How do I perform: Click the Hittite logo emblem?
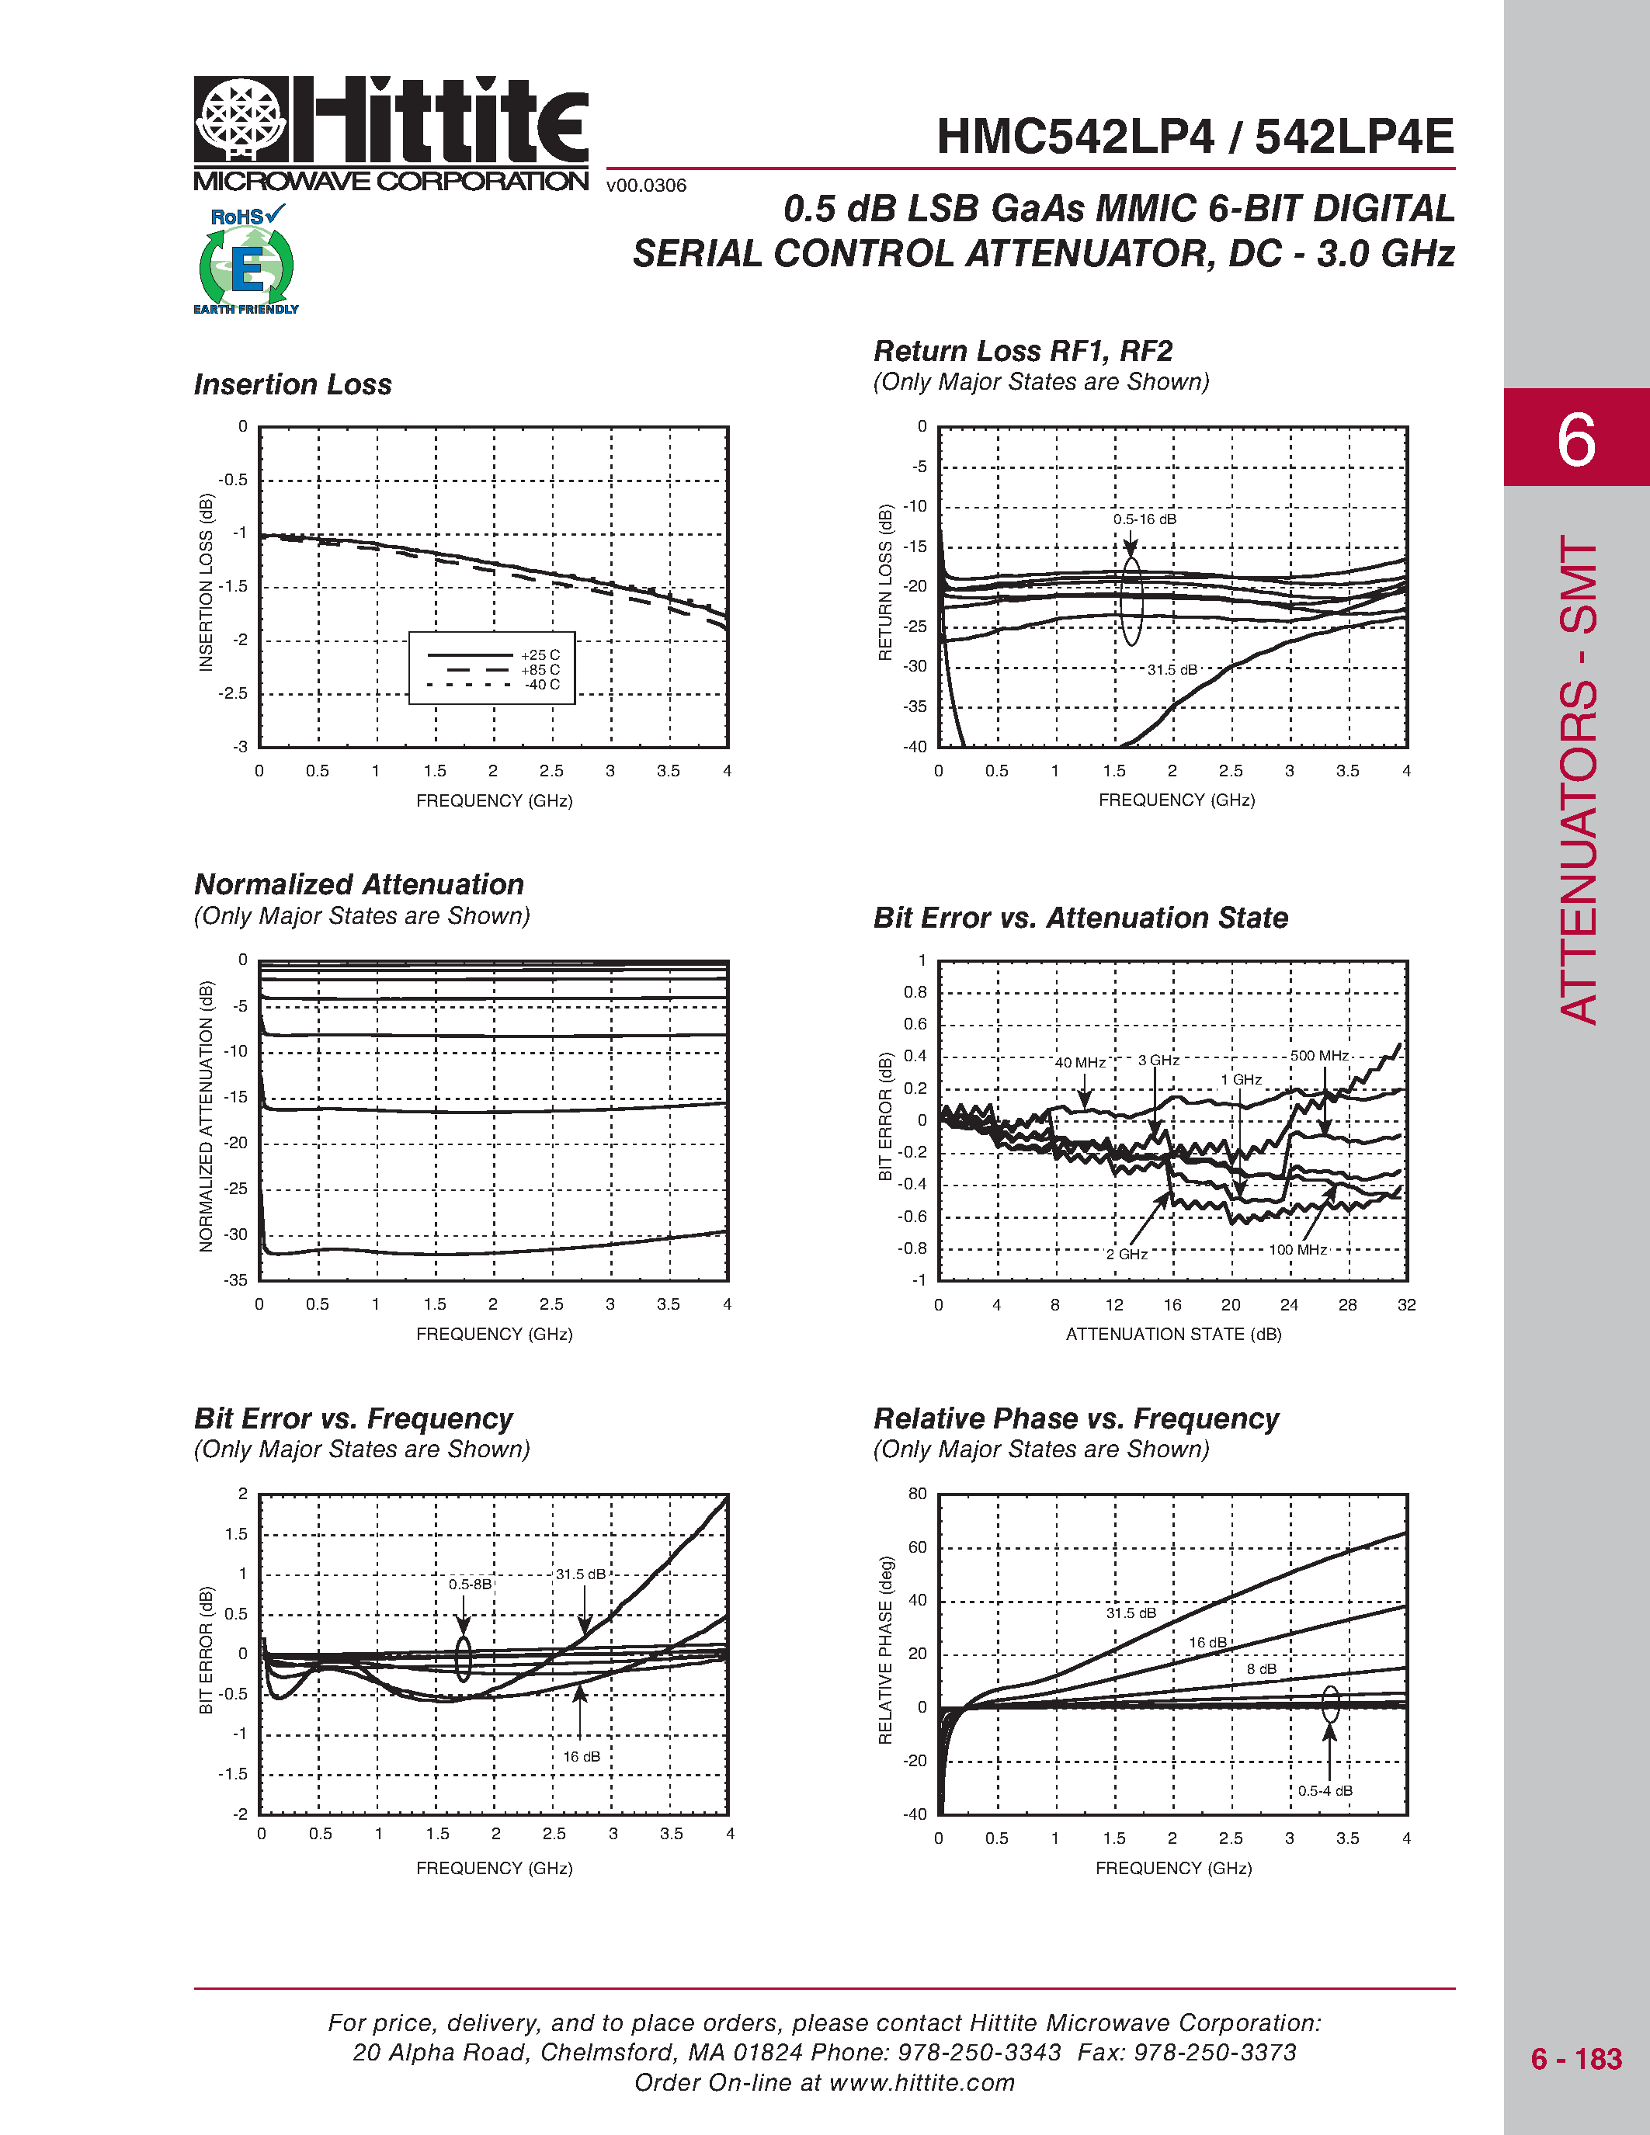[x=241, y=120]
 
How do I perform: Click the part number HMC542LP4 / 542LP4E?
[x=1194, y=137]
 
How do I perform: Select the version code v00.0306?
[x=646, y=186]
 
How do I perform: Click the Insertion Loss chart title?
[x=292, y=384]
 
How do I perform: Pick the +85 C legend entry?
[x=540, y=670]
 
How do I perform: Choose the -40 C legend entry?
[x=541, y=684]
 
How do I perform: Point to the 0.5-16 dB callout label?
[x=1145, y=519]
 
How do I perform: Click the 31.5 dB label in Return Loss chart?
[x=1172, y=670]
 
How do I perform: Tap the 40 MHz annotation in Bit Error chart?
[x=1080, y=1063]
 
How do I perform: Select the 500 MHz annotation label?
[x=1318, y=1056]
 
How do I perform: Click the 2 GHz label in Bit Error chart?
[x=1127, y=1254]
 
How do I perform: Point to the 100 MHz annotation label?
[x=1297, y=1249]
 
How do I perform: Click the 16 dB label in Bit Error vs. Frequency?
[x=582, y=1757]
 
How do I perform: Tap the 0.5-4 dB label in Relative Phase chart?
[x=1325, y=1791]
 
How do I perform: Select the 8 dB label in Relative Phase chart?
[x=1261, y=1668]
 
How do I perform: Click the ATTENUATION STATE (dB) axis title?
[x=1173, y=1335]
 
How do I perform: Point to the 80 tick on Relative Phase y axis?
[x=917, y=1494]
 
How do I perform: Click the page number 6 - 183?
[x=1575, y=2059]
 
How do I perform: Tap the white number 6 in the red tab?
[x=1575, y=440]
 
